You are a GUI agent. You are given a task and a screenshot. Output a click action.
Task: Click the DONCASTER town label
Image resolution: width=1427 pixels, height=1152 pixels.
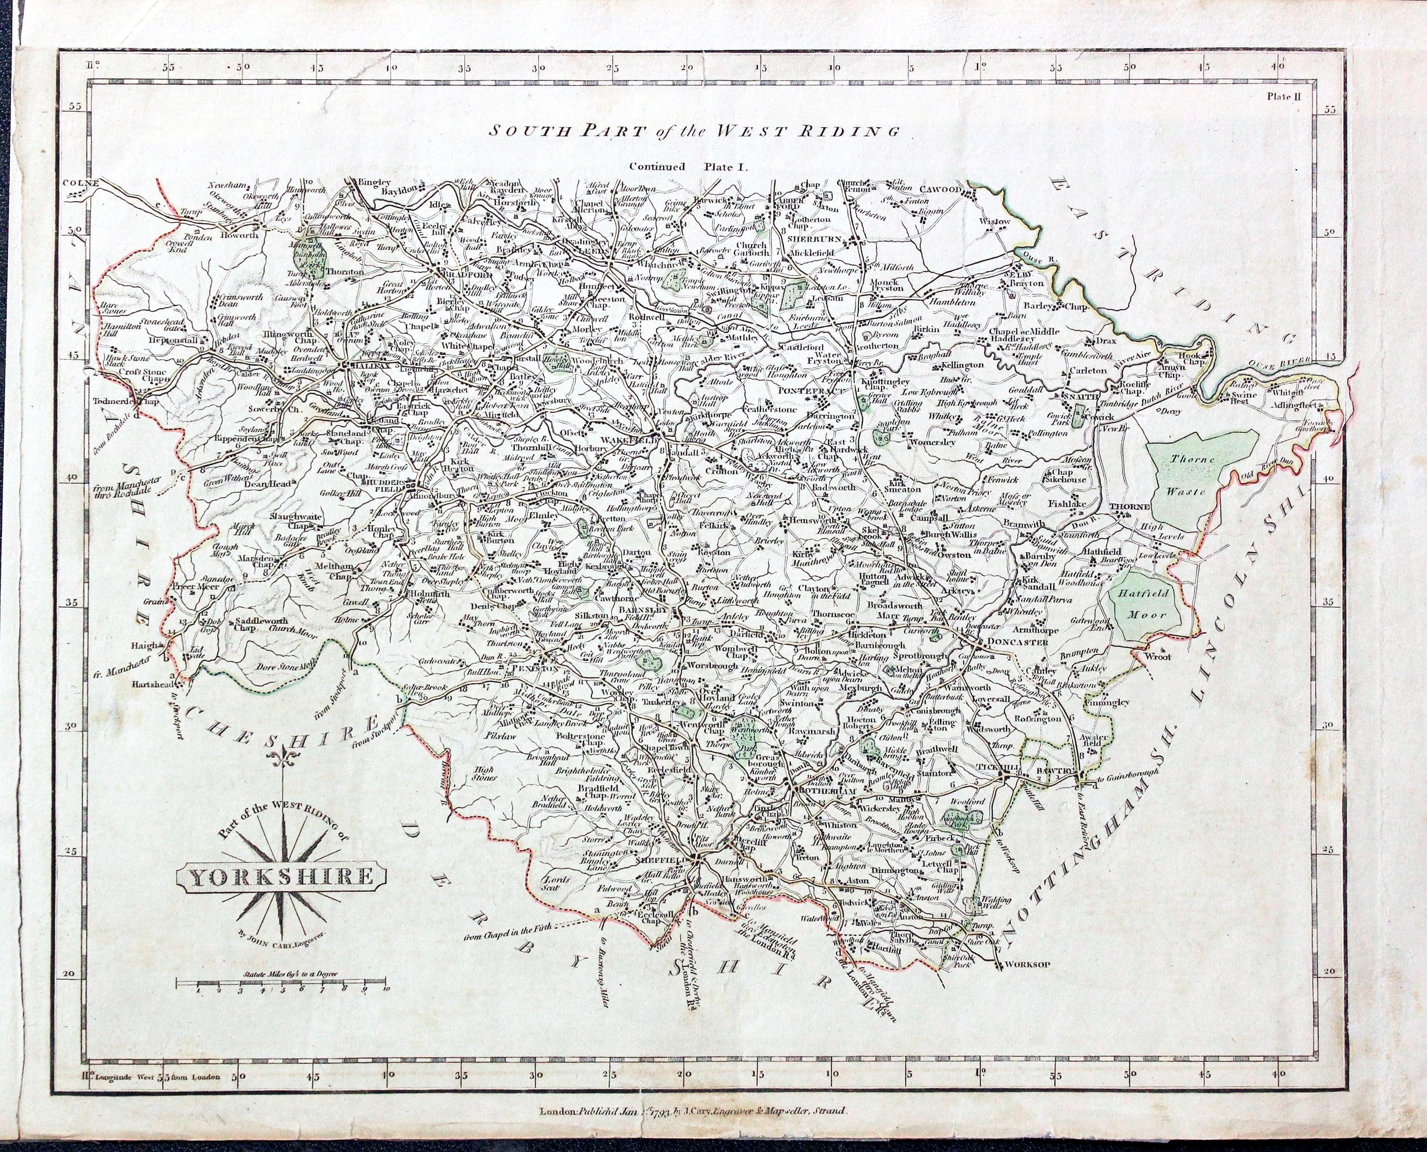pyautogui.click(x=1017, y=642)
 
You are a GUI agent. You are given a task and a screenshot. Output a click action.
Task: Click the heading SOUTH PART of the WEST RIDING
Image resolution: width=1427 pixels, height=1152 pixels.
pyautogui.click(x=694, y=131)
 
